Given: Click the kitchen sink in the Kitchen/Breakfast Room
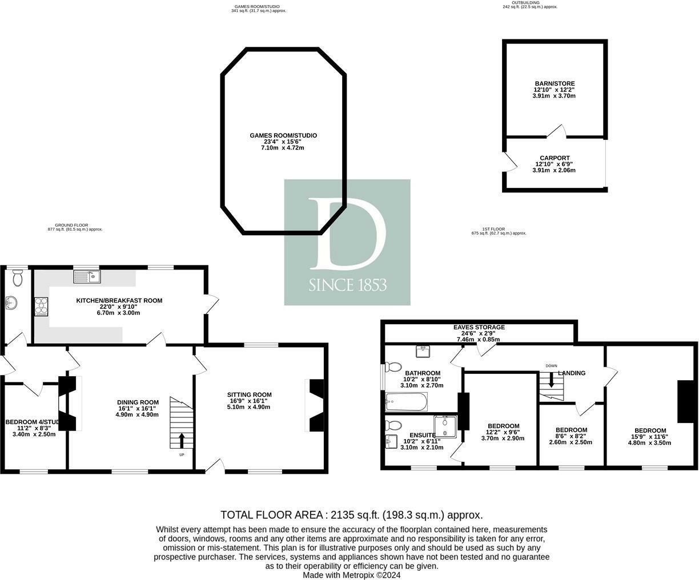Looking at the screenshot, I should pos(87,277).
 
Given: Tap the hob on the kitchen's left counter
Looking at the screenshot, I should pos(42,307).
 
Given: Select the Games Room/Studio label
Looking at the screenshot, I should pos(283,135).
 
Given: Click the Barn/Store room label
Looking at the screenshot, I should pos(554,83).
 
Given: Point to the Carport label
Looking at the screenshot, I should pos(555,158).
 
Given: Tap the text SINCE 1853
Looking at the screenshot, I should pos(347,285).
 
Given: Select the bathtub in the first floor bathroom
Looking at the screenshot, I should pos(407,402).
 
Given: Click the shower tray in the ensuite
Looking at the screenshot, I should pos(445,426).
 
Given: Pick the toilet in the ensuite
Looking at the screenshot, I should pos(393,425).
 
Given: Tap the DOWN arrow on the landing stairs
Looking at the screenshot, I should pos(551,380).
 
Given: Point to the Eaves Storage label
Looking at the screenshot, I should pos(479,327).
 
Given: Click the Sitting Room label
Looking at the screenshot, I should pos(249,394).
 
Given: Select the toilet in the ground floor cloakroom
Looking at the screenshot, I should pos(17,278).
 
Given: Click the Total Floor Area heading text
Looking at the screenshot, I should pos(351,514).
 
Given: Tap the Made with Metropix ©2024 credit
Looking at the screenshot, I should pos(351,575).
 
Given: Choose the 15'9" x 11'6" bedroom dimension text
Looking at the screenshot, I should pos(650,437).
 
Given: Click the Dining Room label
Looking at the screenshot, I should pos(138,402).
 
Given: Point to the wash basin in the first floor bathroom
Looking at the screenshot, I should pos(423,351).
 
